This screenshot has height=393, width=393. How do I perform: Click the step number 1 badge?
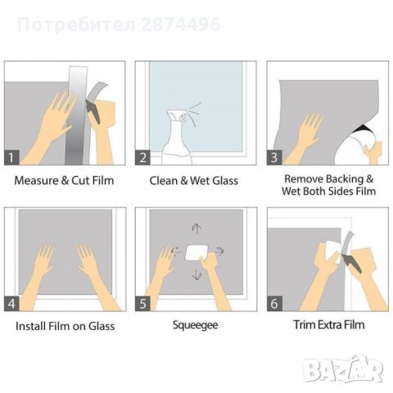tap(12, 156)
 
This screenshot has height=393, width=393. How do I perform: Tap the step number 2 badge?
tap(144, 156)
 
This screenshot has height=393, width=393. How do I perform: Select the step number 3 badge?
tap(276, 156)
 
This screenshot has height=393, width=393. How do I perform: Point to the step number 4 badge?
tap(12, 302)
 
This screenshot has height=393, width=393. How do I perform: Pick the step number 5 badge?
tap(144, 302)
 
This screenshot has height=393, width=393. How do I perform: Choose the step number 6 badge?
tap(276, 302)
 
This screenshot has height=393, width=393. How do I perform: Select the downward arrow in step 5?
tap(196, 276)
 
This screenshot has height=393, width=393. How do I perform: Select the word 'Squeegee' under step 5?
tap(195, 325)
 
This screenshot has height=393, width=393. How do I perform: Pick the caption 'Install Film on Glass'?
tap(65, 326)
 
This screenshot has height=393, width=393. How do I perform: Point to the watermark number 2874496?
tap(179, 25)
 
